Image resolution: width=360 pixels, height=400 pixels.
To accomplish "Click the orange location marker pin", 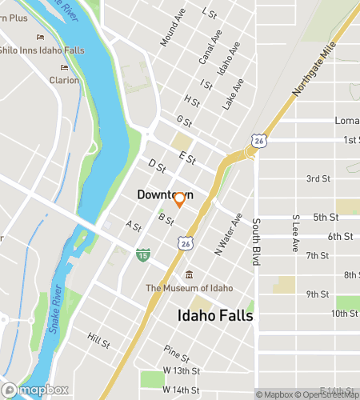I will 180,200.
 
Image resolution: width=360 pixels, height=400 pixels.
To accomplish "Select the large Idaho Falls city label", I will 214,316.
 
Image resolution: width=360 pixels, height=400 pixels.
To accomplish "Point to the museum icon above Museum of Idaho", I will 189,276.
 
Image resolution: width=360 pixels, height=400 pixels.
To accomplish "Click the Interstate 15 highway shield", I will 142,254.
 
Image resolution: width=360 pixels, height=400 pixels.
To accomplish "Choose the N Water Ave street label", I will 228,237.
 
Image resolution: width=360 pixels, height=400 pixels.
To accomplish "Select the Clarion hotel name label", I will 64,80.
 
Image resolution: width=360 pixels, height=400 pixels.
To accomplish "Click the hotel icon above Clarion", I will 64,68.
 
